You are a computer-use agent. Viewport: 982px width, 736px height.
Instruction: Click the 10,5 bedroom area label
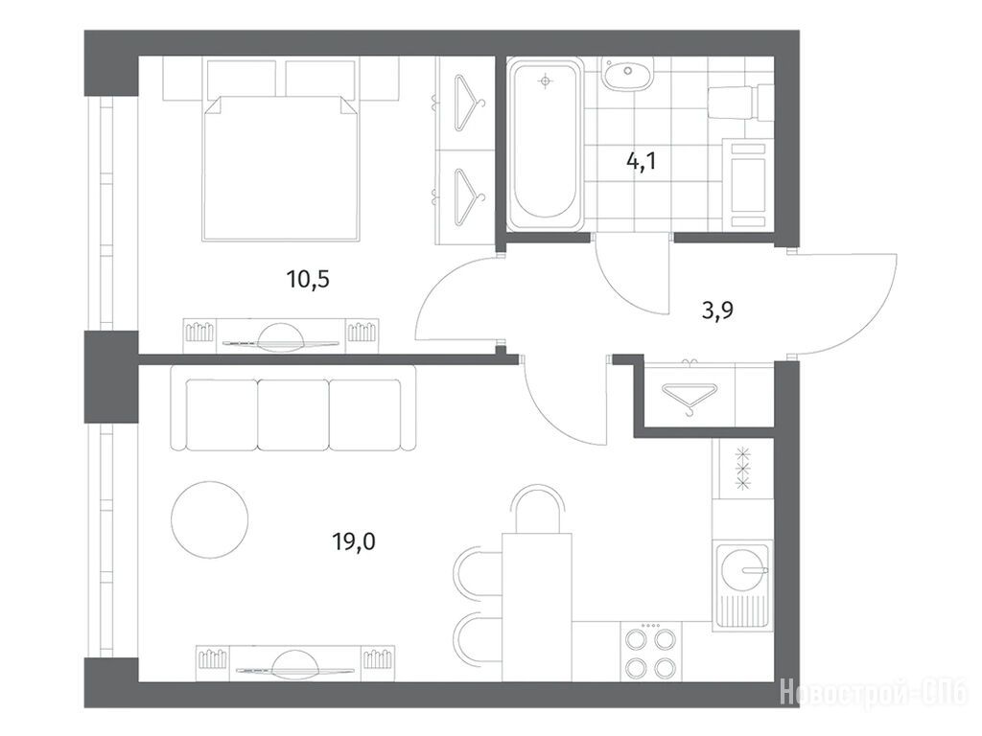pos(308,280)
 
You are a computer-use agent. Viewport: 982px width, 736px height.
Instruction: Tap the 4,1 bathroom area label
pos(641,161)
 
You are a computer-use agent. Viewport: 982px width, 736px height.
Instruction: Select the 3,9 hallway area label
pos(717,310)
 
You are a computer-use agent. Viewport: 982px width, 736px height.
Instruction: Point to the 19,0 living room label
pos(354,540)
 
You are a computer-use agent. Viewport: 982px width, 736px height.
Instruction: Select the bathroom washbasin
pos(627,74)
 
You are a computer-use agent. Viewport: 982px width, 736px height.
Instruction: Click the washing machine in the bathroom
pos(748,185)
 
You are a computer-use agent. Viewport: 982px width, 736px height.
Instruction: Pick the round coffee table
pos(210,519)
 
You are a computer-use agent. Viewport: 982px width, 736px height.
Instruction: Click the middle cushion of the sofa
pos(292,415)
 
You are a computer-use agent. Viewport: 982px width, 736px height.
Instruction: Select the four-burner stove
pos(651,652)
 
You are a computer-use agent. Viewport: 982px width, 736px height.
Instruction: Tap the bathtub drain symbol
pos(546,80)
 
